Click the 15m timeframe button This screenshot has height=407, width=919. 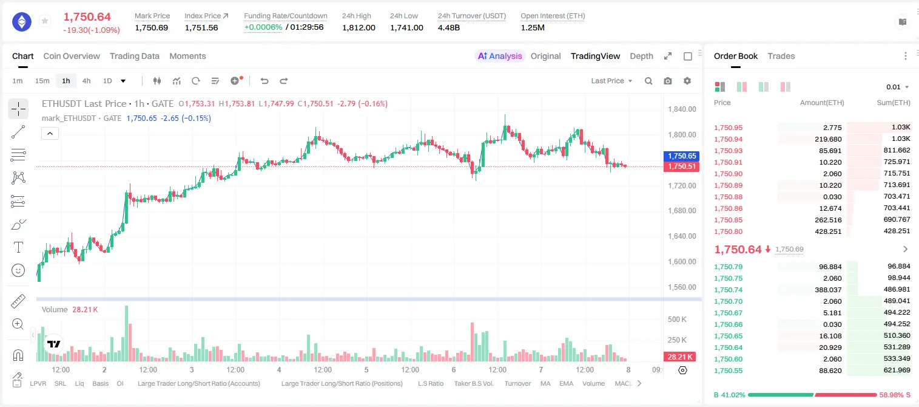pyautogui.click(x=42, y=81)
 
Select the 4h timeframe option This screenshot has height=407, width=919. pyautogui.click(x=86, y=81)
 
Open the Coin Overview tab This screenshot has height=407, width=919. pyautogui.click(x=72, y=56)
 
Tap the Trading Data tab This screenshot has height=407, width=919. pyautogui.click(x=135, y=56)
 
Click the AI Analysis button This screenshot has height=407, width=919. pyautogui.click(x=500, y=56)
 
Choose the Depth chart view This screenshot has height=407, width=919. pyautogui.click(x=641, y=56)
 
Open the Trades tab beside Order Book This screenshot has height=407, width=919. pyautogui.click(x=781, y=56)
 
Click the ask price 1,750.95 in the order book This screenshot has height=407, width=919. pyautogui.click(x=729, y=128)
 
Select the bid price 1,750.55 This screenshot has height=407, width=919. pyautogui.click(x=729, y=371)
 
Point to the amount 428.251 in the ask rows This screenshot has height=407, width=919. pyautogui.click(x=828, y=231)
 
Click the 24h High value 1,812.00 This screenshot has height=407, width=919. pyautogui.click(x=359, y=27)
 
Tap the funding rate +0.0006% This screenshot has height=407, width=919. pyautogui.click(x=263, y=27)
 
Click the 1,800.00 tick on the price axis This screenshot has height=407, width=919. pyautogui.click(x=682, y=135)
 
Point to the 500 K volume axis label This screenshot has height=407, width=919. pyautogui.click(x=677, y=320)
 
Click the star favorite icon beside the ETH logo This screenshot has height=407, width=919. pyautogui.click(x=45, y=21)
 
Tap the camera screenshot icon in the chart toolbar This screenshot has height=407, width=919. pyautogui.click(x=668, y=81)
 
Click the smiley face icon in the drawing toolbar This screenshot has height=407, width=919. pyautogui.click(x=18, y=270)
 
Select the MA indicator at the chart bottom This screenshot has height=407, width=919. pyautogui.click(x=545, y=383)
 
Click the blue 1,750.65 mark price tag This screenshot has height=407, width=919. pyautogui.click(x=681, y=156)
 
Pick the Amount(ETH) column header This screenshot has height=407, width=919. pyautogui.click(x=822, y=103)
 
